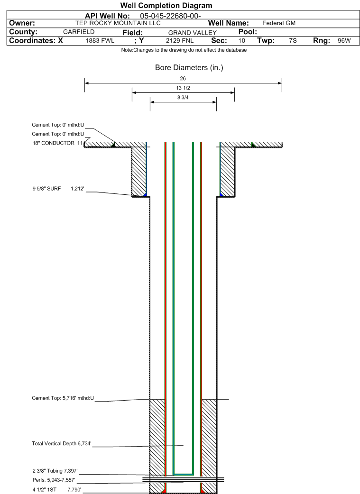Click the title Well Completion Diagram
pos(166,6)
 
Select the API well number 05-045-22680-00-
pos(171,16)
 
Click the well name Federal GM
pos(279,23)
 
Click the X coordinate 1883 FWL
pos(100,41)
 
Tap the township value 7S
pos(293,41)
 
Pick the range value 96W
pos(344,41)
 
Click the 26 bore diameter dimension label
pos(183,78)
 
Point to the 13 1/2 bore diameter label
pos(183,88)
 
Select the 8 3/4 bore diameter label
pos(183,98)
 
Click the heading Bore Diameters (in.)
pos(189,68)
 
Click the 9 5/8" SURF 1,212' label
pos(58,189)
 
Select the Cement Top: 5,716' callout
pos(63,398)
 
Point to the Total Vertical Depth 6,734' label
pos(61,444)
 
